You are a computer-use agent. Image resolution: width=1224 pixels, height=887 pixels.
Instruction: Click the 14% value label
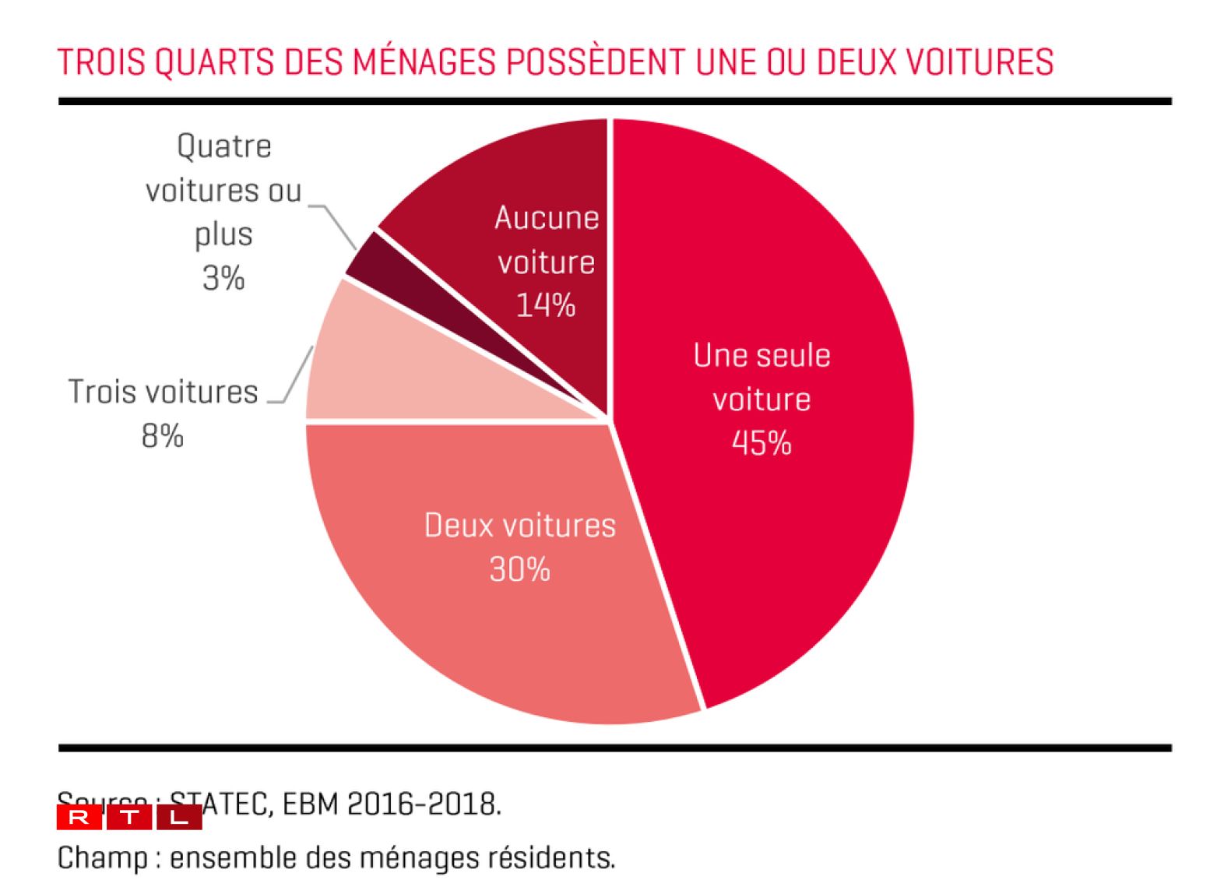coord(546,305)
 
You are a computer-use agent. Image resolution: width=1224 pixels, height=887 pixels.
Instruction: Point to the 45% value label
coord(761,443)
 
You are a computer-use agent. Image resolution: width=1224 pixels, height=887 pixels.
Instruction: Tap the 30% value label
coord(519,569)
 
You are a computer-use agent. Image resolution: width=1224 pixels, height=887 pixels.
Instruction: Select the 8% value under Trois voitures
coord(163,435)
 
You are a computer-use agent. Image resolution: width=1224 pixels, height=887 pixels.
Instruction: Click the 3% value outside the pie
coord(223,278)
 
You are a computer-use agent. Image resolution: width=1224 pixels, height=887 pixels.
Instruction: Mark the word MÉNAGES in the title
coord(424,62)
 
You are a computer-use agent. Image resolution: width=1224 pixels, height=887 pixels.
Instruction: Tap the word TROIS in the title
coord(101,62)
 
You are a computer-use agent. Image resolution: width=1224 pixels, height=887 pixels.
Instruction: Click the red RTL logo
coord(129,818)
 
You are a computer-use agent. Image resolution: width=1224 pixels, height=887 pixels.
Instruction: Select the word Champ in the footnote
coord(102,858)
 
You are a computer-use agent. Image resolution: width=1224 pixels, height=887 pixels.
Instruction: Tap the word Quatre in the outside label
coord(224,146)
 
